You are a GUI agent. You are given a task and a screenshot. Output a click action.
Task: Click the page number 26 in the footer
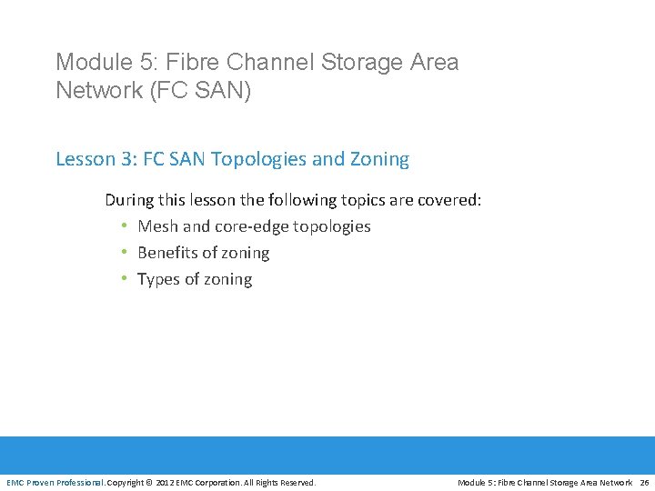tap(644, 483)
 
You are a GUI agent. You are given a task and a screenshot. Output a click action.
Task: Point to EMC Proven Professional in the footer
tap(55, 483)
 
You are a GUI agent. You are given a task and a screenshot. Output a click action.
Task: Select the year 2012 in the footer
tap(166, 483)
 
